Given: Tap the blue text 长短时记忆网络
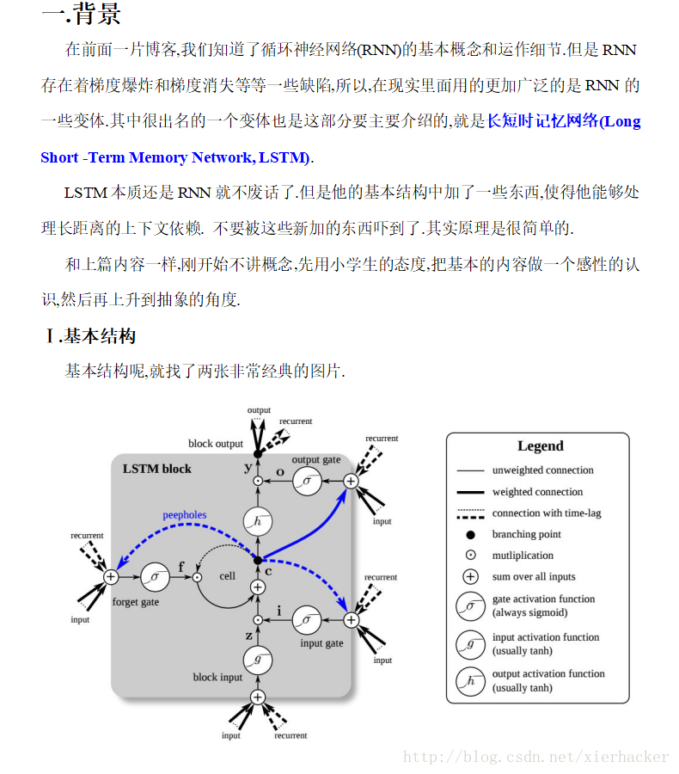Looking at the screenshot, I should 541,121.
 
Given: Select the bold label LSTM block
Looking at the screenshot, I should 156,469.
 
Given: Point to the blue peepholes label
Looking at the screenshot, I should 185,515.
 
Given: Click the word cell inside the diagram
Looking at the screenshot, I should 227,575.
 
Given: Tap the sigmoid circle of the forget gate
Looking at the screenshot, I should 156,576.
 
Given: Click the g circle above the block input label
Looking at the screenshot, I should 257,660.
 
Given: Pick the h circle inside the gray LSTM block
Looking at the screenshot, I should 257,520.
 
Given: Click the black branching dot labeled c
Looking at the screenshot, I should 257,560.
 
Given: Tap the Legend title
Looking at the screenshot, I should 540,446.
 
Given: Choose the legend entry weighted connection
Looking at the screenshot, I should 537,492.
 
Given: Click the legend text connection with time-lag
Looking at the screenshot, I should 547,513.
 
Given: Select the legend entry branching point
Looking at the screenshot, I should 526,535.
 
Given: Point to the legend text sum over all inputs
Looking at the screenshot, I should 534,577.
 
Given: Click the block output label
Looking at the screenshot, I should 216,444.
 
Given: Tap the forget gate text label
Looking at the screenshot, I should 136,602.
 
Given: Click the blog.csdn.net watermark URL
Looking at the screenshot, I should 535,757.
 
